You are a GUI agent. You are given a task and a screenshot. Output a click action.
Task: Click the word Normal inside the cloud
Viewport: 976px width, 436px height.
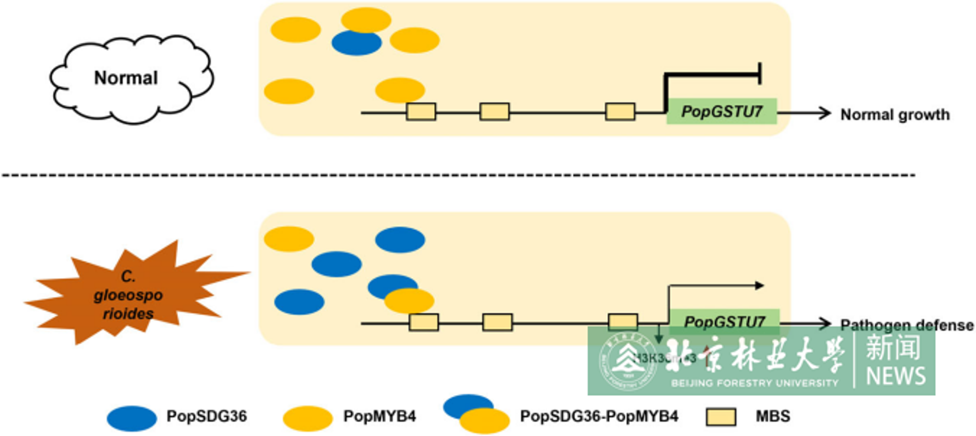click(126, 78)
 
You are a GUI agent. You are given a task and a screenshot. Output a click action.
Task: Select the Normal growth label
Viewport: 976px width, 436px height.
click(895, 115)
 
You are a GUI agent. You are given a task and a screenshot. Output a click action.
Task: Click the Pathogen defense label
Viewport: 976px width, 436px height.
click(907, 325)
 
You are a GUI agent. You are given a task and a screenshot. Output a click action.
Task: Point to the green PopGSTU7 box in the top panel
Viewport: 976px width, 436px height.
click(721, 111)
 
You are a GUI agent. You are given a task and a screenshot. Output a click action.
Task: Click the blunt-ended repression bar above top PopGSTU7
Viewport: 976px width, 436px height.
click(760, 74)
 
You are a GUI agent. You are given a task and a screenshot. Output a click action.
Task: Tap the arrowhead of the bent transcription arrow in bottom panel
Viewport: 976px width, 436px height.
click(759, 286)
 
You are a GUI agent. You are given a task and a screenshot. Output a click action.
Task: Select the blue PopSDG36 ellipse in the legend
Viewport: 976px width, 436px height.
click(131, 418)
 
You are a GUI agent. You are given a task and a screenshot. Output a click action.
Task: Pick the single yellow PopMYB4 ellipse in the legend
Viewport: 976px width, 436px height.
click(307, 418)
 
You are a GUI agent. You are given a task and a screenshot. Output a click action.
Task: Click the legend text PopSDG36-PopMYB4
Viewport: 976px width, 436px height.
click(599, 416)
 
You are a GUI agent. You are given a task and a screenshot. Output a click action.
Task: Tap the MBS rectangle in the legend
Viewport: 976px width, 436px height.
click(721, 417)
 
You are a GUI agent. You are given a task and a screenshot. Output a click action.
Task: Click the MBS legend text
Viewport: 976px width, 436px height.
click(773, 416)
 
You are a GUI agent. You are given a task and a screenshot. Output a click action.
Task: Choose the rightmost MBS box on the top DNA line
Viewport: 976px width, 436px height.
click(620, 112)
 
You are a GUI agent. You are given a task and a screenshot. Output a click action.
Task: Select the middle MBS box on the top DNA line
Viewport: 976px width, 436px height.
click(494, 112)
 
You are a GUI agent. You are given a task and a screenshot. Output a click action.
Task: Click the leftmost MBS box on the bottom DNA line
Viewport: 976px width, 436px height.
click(423, 322)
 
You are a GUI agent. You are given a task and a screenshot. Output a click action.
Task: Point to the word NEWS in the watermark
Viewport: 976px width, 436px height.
click(895, 376)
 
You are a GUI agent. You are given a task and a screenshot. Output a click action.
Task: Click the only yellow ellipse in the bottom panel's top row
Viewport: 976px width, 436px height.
click(289, 239)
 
